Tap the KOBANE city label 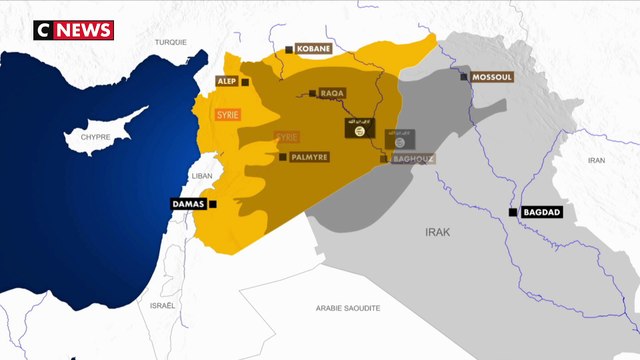point(317,47)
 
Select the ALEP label point(226,80)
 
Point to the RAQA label point(333,93)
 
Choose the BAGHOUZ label point(413,158)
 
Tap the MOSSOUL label point(491,76)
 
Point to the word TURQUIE point(172,41)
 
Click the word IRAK point(439,231)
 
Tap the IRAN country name point(597,160)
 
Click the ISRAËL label point(162,304)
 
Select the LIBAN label point(203,175)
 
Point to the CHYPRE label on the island point(95,136)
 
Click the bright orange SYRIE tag point(228,115)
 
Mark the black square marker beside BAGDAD point(512,213)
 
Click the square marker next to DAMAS point(212,204)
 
